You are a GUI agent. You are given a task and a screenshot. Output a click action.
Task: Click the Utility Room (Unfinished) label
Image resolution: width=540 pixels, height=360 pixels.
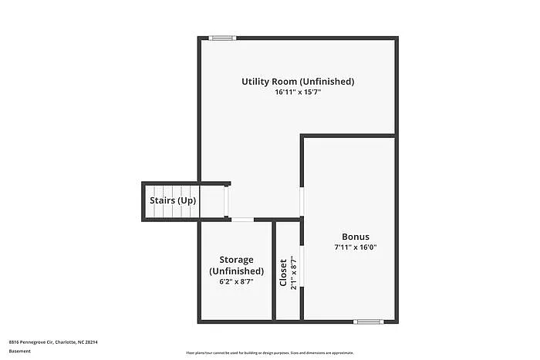point(298,81)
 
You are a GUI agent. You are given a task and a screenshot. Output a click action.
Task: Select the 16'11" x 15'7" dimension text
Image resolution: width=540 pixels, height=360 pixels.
point(298,93)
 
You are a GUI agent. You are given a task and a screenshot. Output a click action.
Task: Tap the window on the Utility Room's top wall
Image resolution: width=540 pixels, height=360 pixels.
point(223,37)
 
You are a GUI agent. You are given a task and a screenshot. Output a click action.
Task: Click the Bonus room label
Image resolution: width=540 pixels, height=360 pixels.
point(356,237)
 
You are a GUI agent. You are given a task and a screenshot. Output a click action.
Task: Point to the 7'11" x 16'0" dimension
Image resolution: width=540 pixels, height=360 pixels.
point(356,247)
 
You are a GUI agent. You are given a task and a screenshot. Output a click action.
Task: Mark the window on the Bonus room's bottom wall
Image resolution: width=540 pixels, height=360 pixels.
point(367,321)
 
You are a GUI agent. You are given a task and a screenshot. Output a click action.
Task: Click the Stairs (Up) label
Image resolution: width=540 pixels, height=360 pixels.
point(173,200)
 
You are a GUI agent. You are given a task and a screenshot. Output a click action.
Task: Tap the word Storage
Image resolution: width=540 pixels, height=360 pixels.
point(236,260)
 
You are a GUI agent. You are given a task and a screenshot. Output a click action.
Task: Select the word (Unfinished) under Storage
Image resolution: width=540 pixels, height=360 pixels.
point(236,271)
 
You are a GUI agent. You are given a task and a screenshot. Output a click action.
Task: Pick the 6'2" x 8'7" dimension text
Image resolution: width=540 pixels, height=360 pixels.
point(236,282)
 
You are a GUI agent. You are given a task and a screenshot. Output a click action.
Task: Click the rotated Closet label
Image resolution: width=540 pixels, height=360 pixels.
point(283,272)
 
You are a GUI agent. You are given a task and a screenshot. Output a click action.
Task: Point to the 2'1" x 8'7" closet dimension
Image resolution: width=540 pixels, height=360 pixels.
point(293,272)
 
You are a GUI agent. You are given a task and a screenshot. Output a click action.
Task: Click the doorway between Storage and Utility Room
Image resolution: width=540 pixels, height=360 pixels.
point(242,220)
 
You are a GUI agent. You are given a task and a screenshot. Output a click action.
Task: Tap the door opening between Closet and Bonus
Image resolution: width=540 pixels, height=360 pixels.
point(301,267)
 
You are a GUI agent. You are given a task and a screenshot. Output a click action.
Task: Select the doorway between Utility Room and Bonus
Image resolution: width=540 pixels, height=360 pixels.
point(301,201)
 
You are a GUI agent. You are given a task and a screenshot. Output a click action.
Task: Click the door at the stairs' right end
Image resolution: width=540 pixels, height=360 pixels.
point(226,201)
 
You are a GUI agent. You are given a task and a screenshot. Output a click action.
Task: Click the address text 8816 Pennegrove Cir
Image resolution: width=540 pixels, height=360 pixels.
point(53,341)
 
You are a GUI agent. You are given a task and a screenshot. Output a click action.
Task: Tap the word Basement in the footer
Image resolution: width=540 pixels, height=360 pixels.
point(20,351)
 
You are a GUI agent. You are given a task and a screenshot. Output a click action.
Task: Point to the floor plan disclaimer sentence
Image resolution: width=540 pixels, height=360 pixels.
point(269,352)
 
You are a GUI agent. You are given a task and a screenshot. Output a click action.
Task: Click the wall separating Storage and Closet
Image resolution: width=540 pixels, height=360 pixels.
point(274,270)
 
